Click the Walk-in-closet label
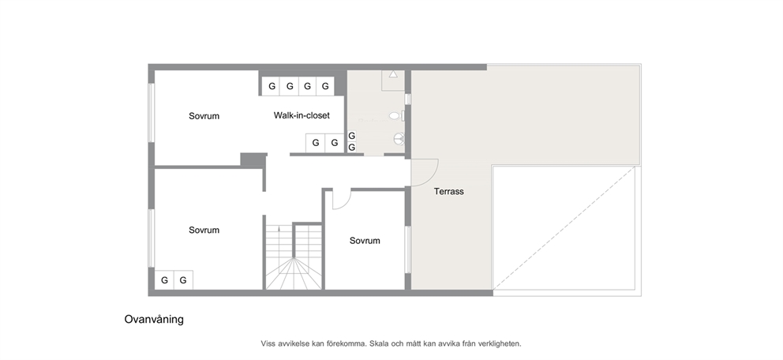coord(302,115)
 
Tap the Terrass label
coord(448,191)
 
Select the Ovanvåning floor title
coord(154,320)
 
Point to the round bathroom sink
coord(399,138)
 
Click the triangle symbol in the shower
coord(393,74)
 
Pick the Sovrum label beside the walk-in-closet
coord(204,116)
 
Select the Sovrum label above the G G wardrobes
coord(204,231)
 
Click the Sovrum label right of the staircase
coord(365,241)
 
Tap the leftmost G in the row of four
coord(272,86)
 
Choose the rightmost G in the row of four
coord(325,86)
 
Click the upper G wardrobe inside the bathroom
coord(351,135)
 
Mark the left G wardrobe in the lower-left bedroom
coord(164,280)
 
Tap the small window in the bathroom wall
coord(407,99)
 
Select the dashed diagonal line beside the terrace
coord(564,228)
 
